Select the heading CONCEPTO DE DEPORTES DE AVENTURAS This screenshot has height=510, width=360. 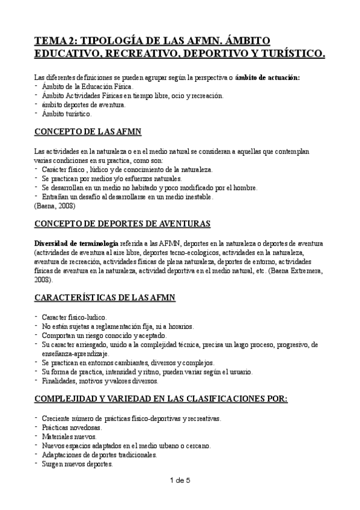tap(122, 224)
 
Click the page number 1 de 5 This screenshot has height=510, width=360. tap(180, 480)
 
